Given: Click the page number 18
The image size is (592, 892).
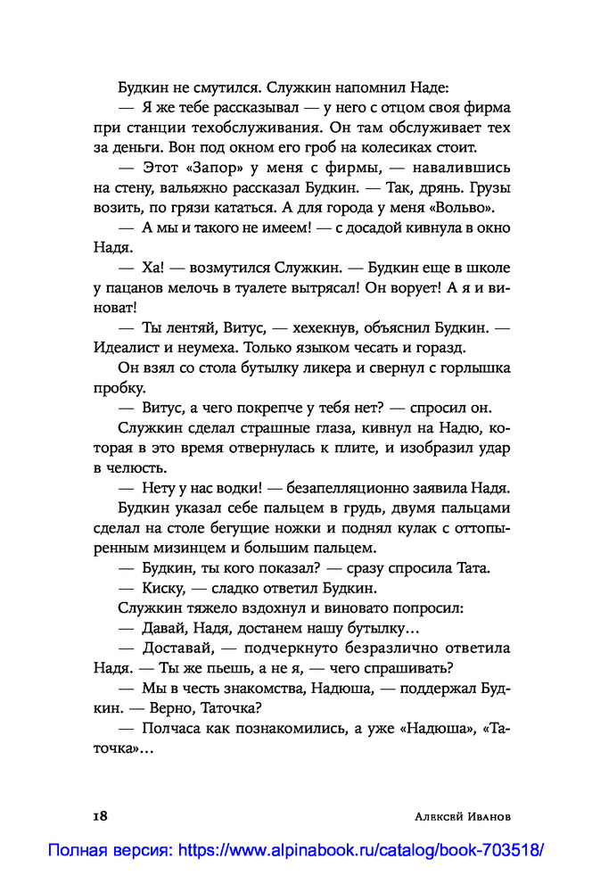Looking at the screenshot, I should (100, 815).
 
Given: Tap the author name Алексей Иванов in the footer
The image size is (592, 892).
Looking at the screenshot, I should (456, 816).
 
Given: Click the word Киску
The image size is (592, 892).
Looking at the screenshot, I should (161, 588).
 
